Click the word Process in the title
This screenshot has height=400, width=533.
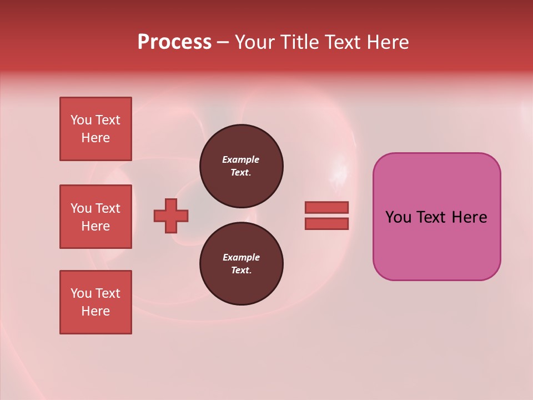174,42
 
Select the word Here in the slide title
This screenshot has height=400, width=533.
387,42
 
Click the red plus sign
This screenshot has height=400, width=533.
171,216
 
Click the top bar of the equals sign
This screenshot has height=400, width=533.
326,207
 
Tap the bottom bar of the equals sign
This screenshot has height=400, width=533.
326,224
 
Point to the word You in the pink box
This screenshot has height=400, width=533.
399,217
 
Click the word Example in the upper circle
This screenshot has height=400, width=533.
240,159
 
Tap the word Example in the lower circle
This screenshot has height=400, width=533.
241,257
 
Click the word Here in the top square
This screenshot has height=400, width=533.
95,138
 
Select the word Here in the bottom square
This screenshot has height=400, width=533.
95,311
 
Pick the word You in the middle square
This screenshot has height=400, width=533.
81,208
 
